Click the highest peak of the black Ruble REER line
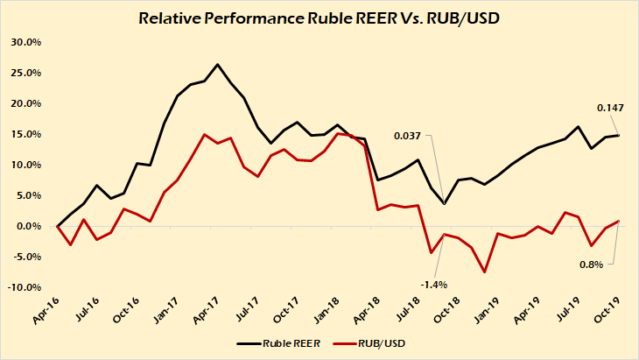[218, 64]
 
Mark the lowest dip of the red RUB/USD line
[484, 272]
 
